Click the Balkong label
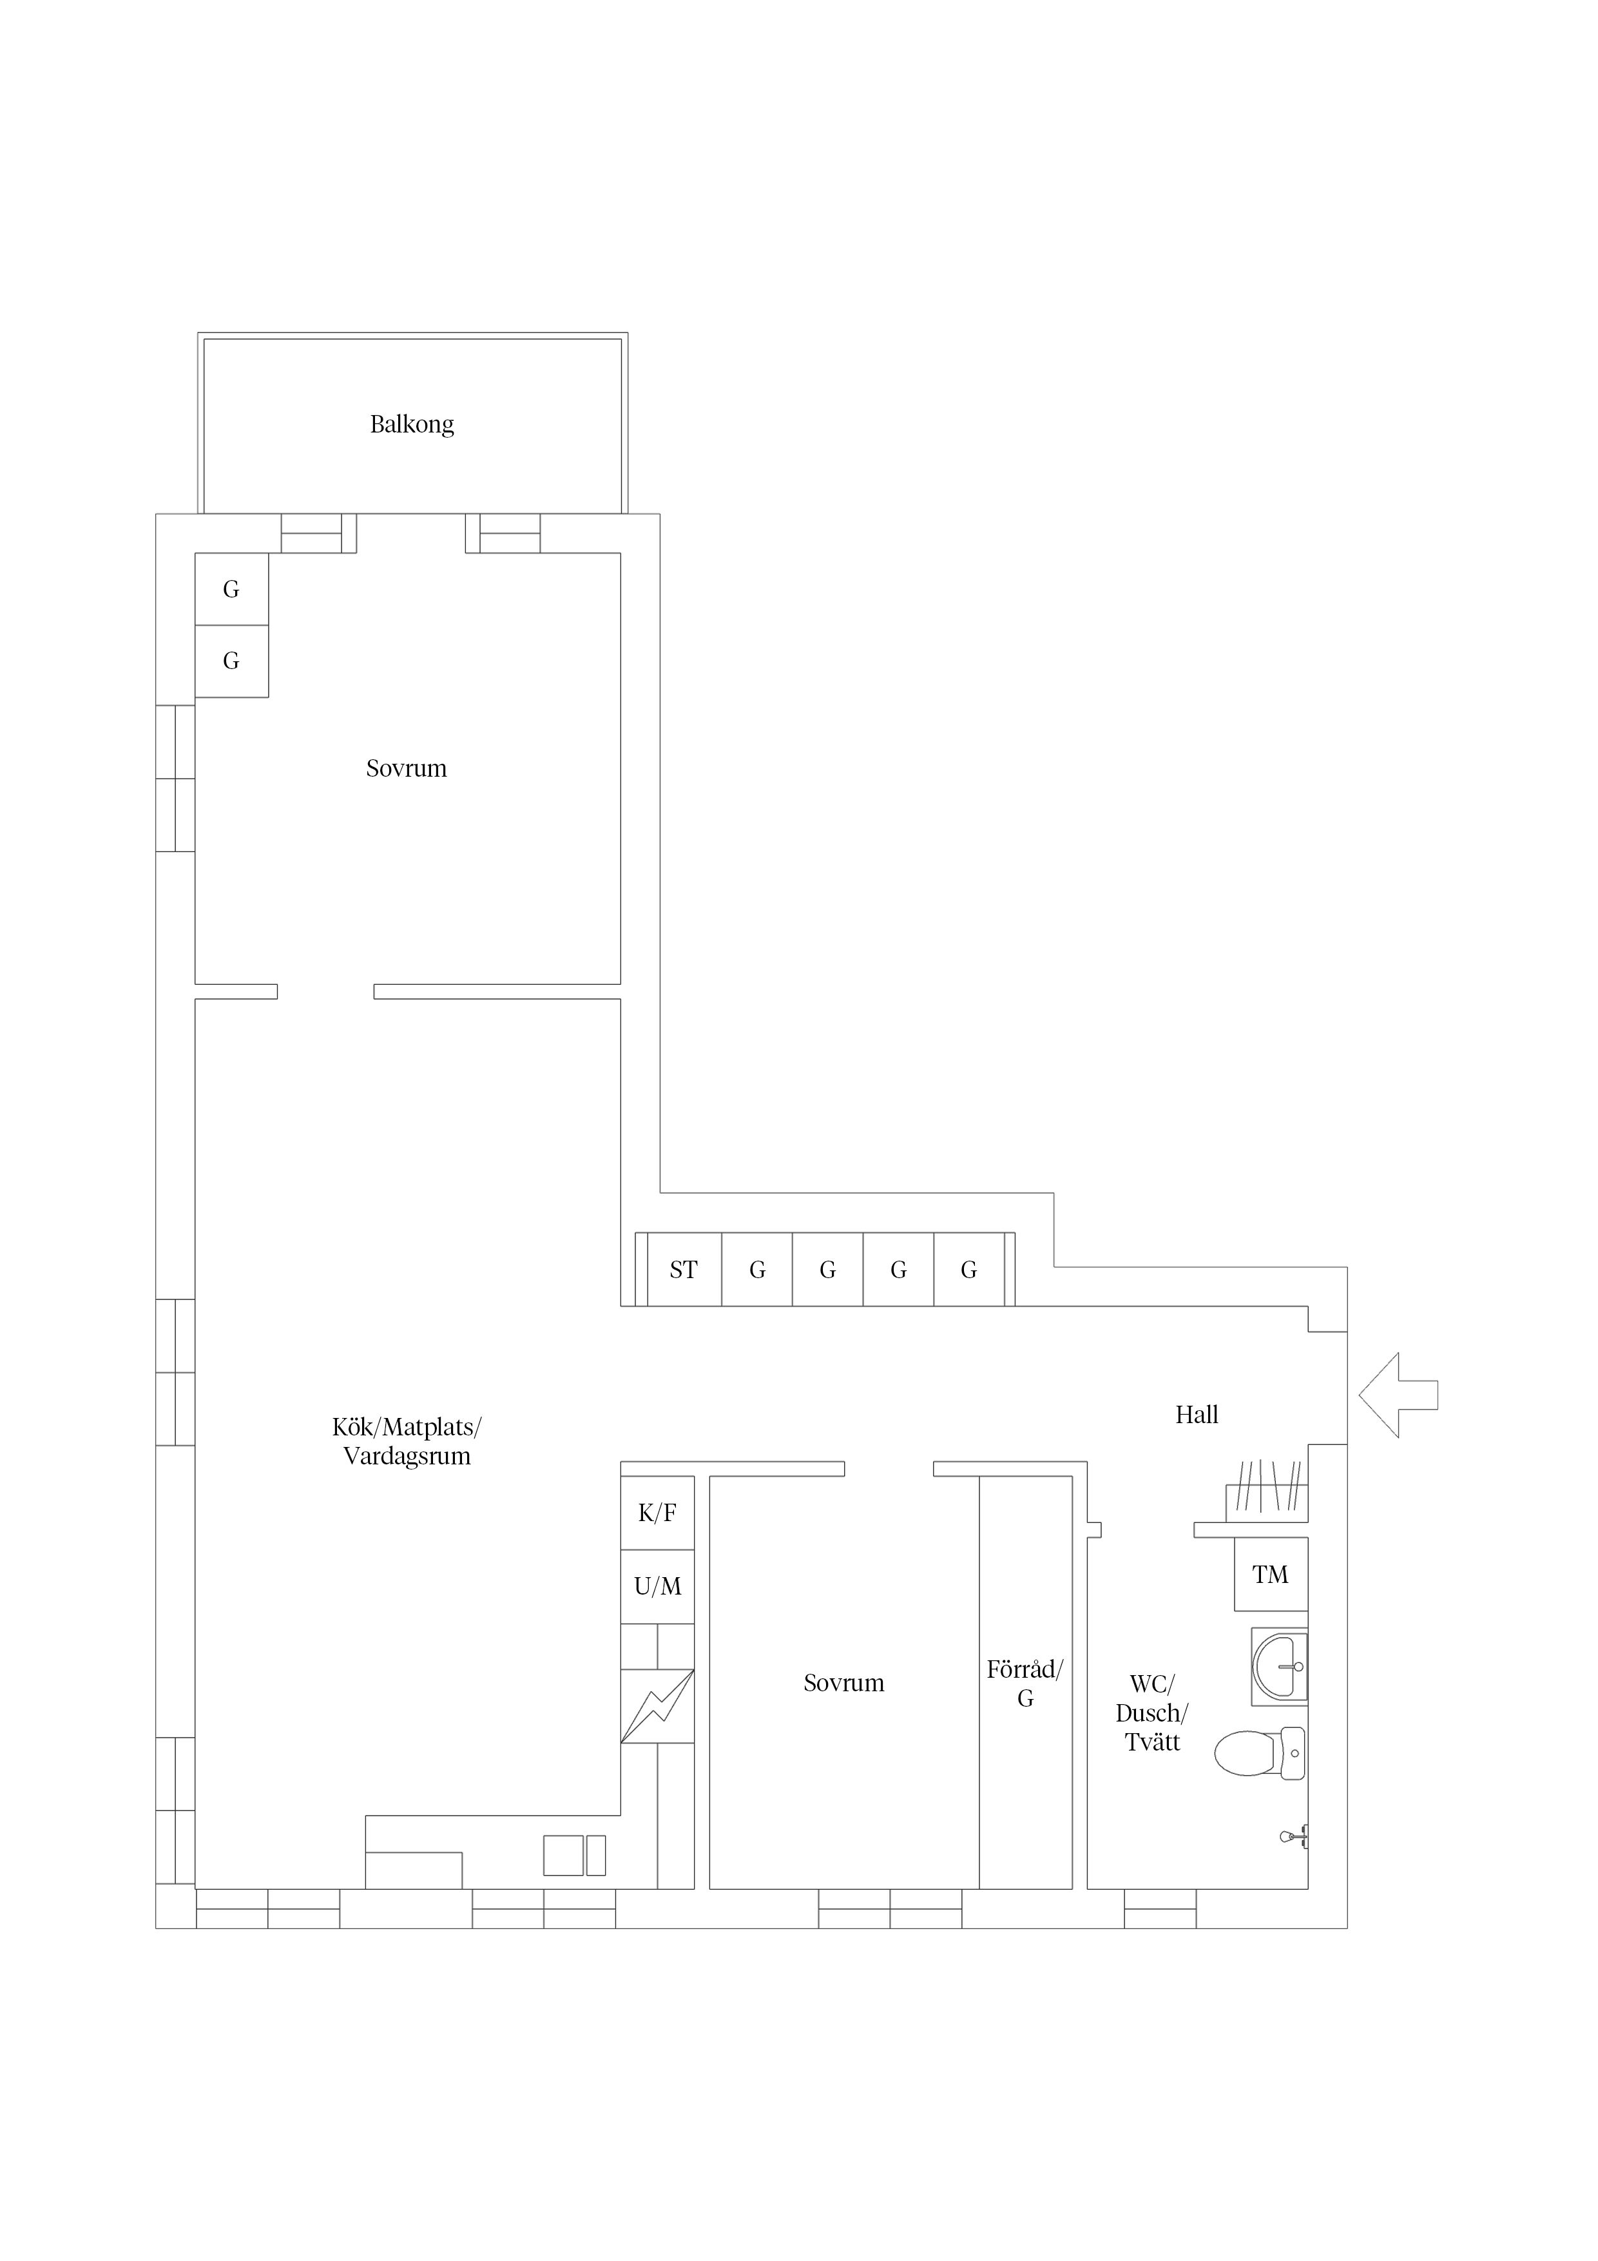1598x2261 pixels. click(412, 425)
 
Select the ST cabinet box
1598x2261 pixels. click(683, 1269)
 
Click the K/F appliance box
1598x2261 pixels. click(657, 1513)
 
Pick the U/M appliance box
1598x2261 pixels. click(657, 1586)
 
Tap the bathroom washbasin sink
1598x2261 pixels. click(1280, 1666)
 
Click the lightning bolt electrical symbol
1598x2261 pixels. click(657, 1707)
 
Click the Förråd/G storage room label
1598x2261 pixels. click(1025, 1683)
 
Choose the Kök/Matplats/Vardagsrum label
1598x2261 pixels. click(407, 1442)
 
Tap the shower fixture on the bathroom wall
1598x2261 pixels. click(1295, 1836)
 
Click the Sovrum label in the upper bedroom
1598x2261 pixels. click(407, 768)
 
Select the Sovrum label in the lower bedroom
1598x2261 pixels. click(844, 1683)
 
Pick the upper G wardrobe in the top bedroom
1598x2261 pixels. click(231, 589)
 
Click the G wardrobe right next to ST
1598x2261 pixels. click(757, 1269)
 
